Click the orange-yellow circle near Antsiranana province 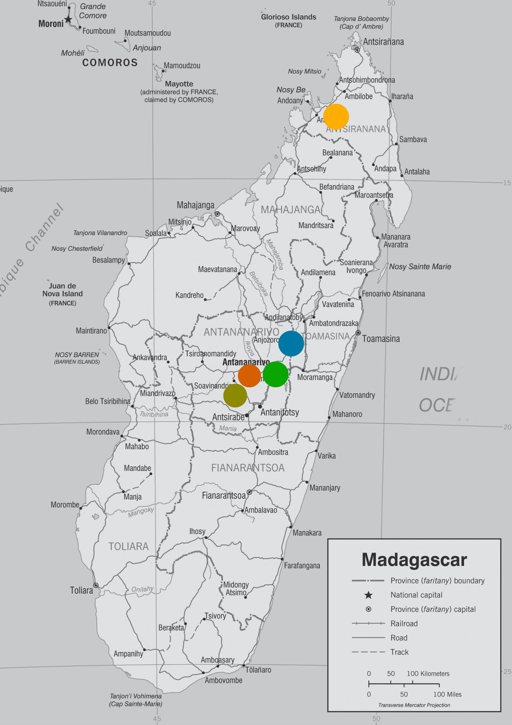[336, 116]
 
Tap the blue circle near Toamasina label [291, 343]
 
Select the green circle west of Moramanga [276, 374]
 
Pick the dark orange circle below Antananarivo [249, 376]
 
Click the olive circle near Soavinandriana [235, 395]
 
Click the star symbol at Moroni [68, 19]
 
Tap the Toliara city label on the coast [81, 590]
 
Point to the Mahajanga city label [196, 205]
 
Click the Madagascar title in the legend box [414, 560]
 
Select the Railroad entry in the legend [404, 623]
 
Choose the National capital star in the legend [368, 595]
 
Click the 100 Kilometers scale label [428, 674]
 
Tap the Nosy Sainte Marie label [420, 267]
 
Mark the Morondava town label [103, 432]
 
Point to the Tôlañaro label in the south [258, 670]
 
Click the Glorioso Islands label [289, 17]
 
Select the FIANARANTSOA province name [248, 468]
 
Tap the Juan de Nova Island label [63, 290]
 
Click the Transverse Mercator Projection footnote [414, 705]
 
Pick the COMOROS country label [110, 63]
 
